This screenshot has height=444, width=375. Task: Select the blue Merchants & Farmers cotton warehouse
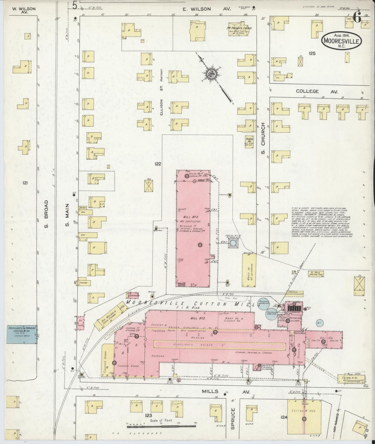click(x=22, y=334)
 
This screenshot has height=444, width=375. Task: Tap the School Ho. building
click(x=249, y=142)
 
